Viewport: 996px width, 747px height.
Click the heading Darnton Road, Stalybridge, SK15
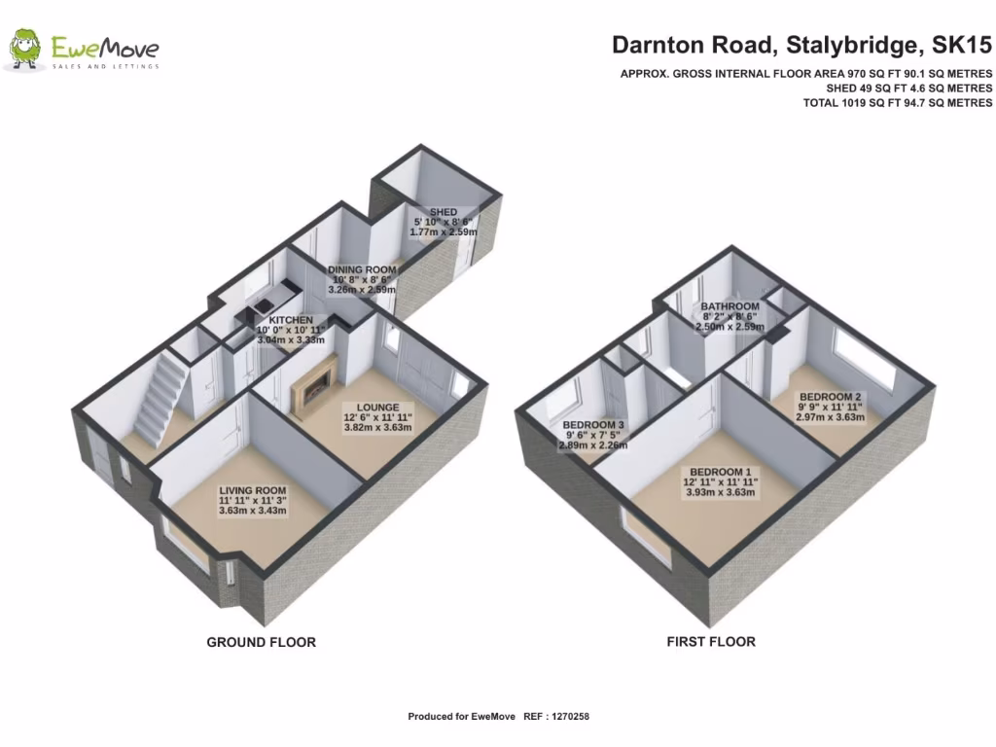(x=801, y=45)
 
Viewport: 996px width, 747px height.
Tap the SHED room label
(x=444, y=212)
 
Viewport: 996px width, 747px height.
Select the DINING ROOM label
(x=362, y=269)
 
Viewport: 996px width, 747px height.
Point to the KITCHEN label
(x=291, y=319)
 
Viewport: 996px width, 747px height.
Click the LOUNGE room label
(x=378, y=408)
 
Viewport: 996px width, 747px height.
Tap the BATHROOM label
(x=730, y=306)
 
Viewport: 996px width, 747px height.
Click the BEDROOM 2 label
(x=830, y=396)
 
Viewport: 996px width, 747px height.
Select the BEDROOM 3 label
(x=593, y=425)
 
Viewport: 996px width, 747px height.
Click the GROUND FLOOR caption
(x=261, y=642)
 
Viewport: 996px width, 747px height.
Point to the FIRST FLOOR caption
(x=710, y=642)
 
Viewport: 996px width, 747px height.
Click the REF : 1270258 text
(x=556, y=717)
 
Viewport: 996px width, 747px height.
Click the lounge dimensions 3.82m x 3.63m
(x=378, y=430)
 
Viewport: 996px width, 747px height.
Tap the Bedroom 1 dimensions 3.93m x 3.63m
(x=720, y=492)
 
